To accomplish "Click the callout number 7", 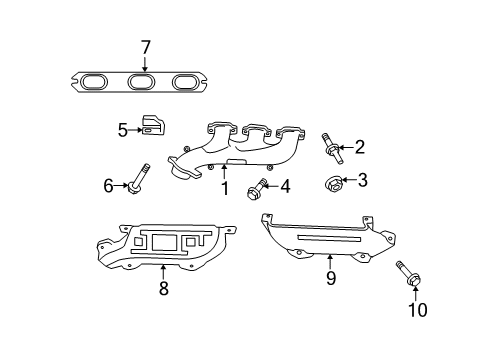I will click(145, 47).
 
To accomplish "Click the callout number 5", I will click(122, 129).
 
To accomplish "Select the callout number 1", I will click(225, 187).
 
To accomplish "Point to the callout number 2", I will click(360, 148).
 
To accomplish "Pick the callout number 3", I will click(362, 180).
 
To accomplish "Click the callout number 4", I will click(286, 185).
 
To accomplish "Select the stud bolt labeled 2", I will click(330, 149).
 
